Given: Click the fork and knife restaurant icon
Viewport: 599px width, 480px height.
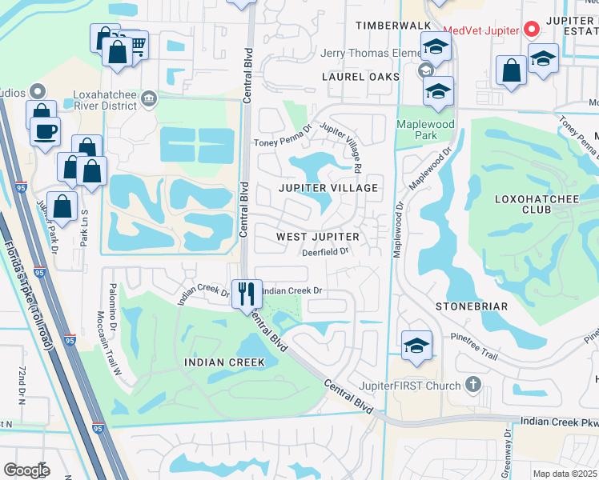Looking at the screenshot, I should coord(247,293).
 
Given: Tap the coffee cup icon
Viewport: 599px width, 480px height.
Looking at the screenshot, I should coord(46,130).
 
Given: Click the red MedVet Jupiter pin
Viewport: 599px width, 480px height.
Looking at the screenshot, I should coord(531,30).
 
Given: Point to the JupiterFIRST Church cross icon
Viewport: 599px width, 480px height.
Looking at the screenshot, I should coord(473,385).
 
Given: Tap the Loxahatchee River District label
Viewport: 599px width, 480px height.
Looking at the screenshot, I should coord(107,99).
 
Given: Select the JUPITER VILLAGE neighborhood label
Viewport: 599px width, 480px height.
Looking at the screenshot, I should coord(327,187).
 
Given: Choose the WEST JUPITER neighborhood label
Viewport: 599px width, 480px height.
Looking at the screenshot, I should coord(318,237).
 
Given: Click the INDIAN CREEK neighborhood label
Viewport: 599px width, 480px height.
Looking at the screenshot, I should coord(224,362).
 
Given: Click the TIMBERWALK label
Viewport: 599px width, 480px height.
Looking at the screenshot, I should coord(393,26).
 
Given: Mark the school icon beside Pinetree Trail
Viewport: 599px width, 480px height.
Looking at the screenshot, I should coord(416,345).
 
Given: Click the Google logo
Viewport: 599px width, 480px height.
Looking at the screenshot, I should coord(27,470).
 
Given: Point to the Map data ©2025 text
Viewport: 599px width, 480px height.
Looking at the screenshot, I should coord(565,474).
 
